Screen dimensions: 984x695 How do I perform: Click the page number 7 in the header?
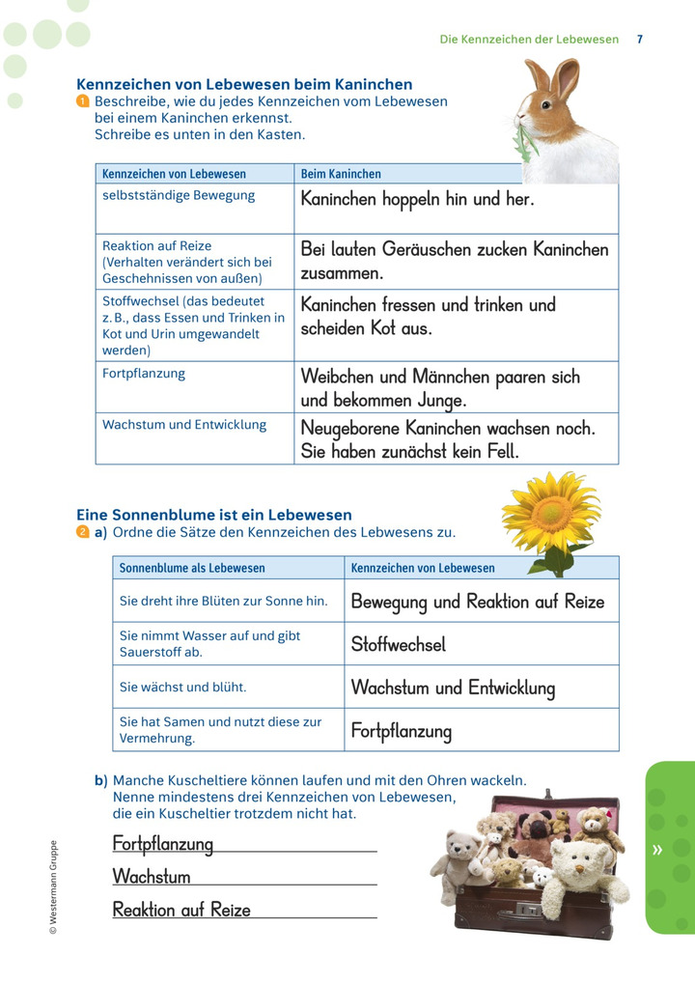click(x=640, y=40)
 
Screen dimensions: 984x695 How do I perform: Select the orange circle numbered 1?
click(x=83, y=101)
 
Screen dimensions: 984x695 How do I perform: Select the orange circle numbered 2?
click(x=83, y=532)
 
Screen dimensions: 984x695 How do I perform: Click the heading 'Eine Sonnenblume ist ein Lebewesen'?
click(x=214, y=515)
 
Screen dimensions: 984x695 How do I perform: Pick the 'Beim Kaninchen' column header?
click(x=341, y=174)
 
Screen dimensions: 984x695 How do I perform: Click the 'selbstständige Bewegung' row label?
click(x=179, y=195)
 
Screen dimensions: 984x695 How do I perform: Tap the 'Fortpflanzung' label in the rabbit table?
click(x=144, y=373)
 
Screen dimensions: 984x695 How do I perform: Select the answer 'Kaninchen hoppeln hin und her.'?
click(x=417, y=200)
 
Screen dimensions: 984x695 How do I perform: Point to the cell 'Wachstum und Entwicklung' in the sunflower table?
click(x=453, y=688)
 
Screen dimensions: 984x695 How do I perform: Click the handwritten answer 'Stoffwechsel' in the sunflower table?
click(x=398, y=644)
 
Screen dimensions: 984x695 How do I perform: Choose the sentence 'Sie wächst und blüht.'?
click(x=182, y=687)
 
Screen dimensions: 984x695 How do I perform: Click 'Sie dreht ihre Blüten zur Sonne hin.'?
click(x=223, y=601)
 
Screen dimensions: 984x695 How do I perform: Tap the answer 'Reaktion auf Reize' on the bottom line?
click(x=181, y=910)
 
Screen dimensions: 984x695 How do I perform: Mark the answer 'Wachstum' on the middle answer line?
click(x=152, y=877)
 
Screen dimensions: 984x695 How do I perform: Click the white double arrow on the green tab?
click(x=657, y=850)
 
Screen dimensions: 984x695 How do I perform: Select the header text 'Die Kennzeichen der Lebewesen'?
click(x=529, y=40)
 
